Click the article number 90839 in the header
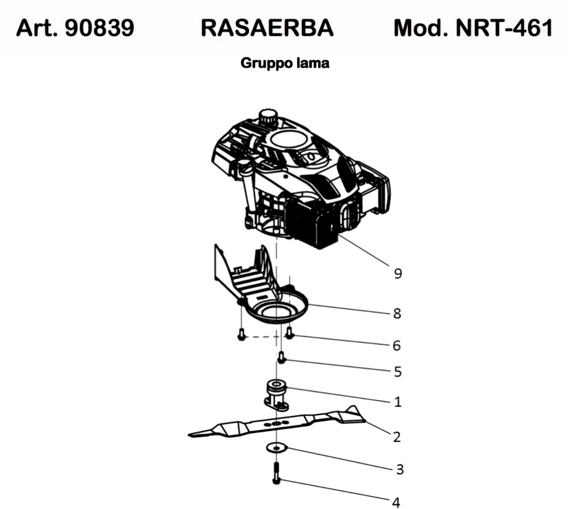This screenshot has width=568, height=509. click(x=99, y=28)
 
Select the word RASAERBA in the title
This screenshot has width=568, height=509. click(x=267, y=28)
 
